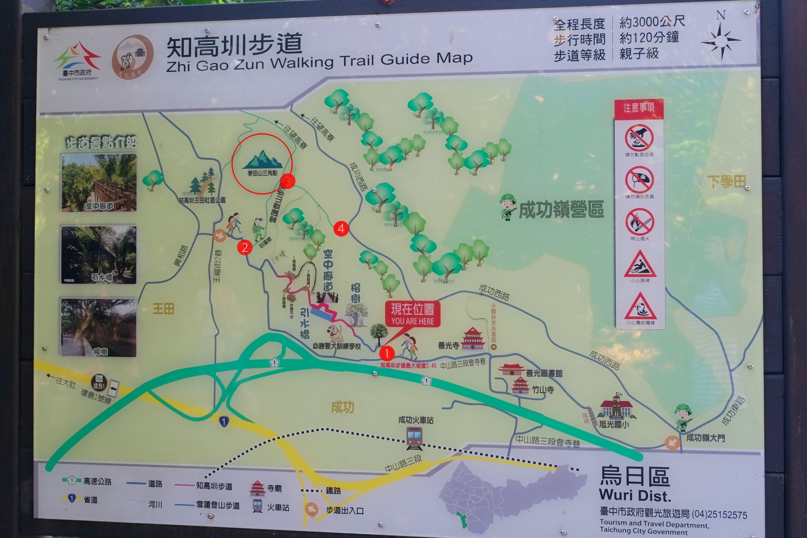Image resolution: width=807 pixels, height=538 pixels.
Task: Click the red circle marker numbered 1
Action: [x=387, y=353]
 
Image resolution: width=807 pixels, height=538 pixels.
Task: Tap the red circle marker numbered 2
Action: [x=245, y=247]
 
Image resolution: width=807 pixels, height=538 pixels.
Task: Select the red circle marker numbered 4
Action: [x=341, y=229]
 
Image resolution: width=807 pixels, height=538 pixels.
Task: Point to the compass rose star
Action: [x=721, y=41]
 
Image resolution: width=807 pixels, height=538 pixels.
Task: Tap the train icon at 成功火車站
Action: [x=415, y=438]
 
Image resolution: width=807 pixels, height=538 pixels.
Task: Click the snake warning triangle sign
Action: [x=640, y=307]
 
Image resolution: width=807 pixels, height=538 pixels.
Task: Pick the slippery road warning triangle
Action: [x=640, y=264]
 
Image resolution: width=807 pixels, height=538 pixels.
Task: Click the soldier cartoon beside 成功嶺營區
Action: [x=508, y=206]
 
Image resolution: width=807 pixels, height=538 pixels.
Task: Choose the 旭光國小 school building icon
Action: [x=616, y=407]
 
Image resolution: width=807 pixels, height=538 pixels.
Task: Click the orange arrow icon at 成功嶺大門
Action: [x=672, y=442]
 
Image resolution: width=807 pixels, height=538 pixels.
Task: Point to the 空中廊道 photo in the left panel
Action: [x=99, y=182]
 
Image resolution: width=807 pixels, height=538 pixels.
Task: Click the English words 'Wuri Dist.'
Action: [x=635, y=495]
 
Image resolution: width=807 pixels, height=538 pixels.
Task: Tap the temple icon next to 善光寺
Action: [x=473, y=338]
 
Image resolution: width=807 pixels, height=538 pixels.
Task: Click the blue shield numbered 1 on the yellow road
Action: [x=224, y=421]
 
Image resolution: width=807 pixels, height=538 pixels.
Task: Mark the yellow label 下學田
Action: [x=727, y=182]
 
